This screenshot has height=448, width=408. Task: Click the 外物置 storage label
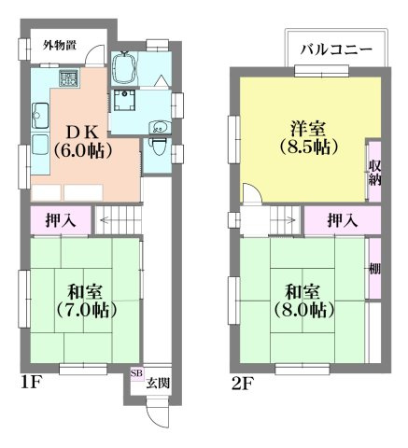coord(58,45)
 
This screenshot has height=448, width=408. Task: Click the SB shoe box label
coord(136,374)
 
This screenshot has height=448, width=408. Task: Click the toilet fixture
coord(160,145)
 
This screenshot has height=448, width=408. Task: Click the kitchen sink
coord(39,118)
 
